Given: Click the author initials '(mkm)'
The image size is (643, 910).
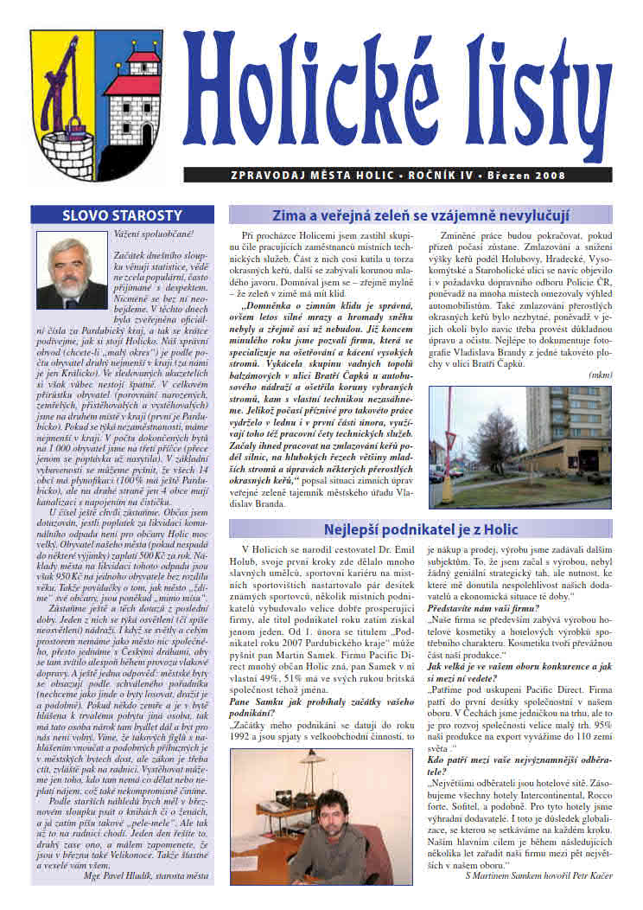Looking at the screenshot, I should point(599,375).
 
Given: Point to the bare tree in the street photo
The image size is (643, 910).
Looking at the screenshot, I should point(467,433).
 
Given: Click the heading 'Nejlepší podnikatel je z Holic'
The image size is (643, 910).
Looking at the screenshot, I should point(420,529).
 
